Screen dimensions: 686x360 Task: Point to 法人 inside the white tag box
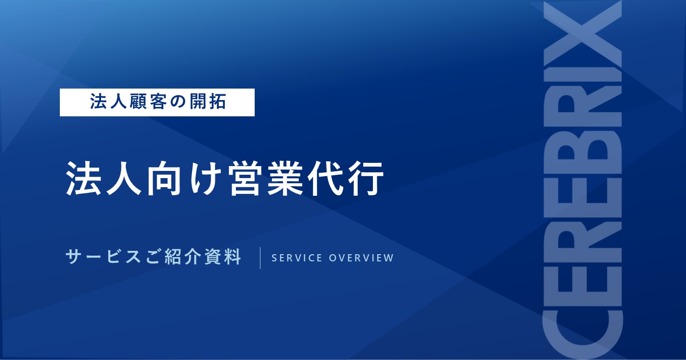108,101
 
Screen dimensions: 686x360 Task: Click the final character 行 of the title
366,178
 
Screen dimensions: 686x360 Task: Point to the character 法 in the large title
83,178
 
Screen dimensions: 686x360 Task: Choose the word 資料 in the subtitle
223,257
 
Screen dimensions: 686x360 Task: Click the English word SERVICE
297,258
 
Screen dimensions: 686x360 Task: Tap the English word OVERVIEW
361,258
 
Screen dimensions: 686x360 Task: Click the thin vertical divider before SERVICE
260,258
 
